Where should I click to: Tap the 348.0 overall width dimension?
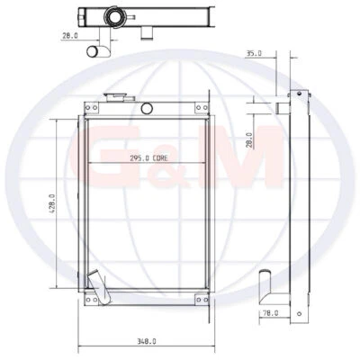(148, 341)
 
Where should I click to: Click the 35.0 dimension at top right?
(254, 53)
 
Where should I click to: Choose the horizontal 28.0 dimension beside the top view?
(68, 36)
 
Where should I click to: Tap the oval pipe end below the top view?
(95, 51)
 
